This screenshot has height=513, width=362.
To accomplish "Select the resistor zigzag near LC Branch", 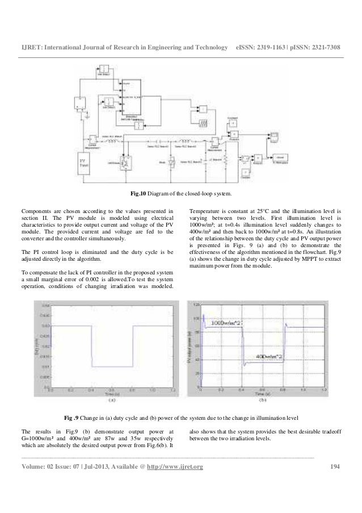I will [x=226, y=157].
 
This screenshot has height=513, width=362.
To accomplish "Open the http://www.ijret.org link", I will [x=176, y=467].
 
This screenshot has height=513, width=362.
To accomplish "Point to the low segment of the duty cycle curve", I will [x=112, y=366].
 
